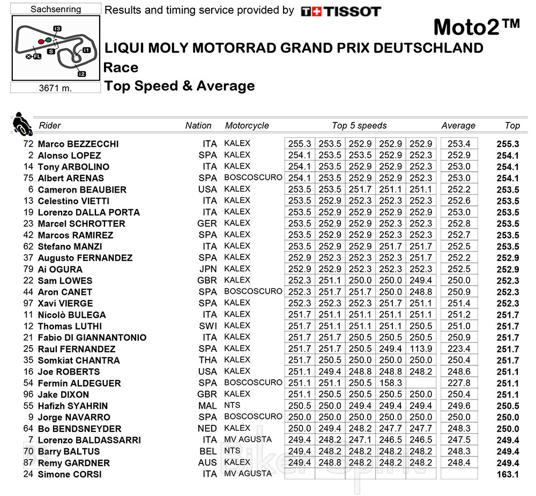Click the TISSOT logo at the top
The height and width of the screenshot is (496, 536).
tap(341, 11)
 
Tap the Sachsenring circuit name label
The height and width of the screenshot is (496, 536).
tap(56, 9)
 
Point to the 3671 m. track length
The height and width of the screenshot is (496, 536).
tap(56, 88)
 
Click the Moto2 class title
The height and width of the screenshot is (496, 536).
tap(476, 27)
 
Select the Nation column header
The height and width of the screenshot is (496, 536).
tap(198, 126)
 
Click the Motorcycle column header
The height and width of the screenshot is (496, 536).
tap(247, 126)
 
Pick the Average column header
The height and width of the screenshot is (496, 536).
tap(458, 126)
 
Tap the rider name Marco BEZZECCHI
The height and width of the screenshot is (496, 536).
tap(78, 144)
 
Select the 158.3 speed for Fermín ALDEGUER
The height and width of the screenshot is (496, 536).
tap(390, 383)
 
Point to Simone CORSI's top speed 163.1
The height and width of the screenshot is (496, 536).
tap(508, 474)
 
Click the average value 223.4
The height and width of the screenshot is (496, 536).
tap(459, 349)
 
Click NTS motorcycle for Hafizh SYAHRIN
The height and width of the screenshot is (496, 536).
tap(232, 406)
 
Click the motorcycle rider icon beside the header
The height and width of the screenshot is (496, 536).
tap(20, 124)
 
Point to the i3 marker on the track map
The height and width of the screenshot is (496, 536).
tap(57, 28)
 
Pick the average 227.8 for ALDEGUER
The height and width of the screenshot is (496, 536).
tap(459, 383)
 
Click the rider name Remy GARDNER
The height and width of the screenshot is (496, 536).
tap(73, 463)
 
